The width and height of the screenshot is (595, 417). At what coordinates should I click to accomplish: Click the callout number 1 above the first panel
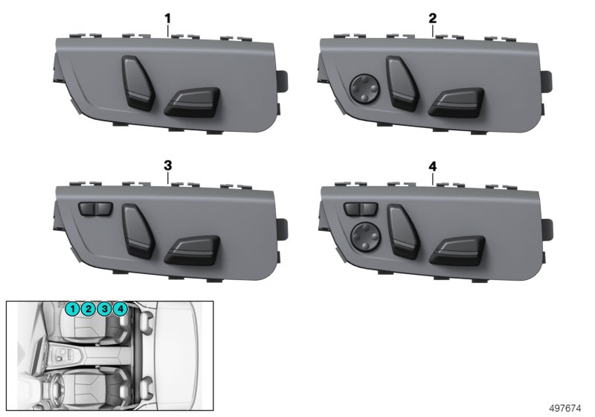pyautogui.click(x=167, y=19)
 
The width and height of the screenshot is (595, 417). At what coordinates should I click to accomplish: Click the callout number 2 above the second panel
pyautogui.click(x=432, y=19)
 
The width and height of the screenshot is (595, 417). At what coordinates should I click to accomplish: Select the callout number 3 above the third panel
pyautogui.click(x=168, y=165)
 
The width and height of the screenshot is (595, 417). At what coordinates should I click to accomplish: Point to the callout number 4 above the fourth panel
pyautogui.click(x=433, y=166)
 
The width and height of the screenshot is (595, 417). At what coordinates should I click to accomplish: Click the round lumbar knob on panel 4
pyautogui.click(x=366, y=236)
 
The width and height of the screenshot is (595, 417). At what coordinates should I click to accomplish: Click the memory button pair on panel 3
pyautogui.click(x=95, y=209)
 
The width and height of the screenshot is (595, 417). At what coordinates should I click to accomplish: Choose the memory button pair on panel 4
pyautogui.click(x=361, y=209)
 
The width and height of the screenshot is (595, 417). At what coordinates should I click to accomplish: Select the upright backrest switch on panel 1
pyautogui.click(x=138, y=83)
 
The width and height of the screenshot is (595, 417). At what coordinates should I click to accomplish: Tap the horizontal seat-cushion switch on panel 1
pyautogui.click(x=192, y=101)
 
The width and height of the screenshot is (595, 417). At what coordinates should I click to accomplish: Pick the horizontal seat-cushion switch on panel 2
pyautogui.click(x=456, y=102)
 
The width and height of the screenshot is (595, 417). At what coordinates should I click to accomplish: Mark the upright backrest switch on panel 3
pyautogui.click(x=138, y=232)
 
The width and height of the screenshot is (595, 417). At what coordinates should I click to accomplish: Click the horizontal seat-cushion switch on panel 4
pyautogui.click(x=457, y=250)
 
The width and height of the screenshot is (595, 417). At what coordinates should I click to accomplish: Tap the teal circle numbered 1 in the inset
pyautogui.click(x=72, y=309)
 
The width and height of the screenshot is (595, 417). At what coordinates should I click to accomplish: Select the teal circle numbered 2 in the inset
pyautogui.click(x=88, y=309)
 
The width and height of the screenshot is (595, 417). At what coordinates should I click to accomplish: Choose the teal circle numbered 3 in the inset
pyautogui.click(x=104, y=309)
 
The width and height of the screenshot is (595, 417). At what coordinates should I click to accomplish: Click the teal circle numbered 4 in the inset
pyautogui.click(x=120, y=309)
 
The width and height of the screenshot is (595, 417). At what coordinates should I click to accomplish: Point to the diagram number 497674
pyautogui.click(x=565, y=408)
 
